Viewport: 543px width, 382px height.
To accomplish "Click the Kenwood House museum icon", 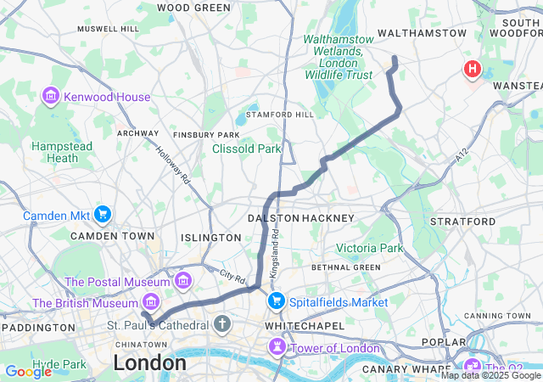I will (x=50, y=97).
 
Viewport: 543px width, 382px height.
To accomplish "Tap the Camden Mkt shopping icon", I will (x=104, y=213).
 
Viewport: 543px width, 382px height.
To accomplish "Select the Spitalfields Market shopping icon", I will (x=277, y=301).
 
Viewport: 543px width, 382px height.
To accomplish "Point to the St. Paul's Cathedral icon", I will (x=222, y=324).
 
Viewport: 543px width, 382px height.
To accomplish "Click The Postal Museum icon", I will (x=182, y=281).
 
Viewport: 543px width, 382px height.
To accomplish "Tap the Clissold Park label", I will (x=246, y=149).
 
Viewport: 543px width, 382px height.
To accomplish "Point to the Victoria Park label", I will (x=370, y=248).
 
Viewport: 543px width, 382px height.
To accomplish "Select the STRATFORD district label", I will (x=463, y=221).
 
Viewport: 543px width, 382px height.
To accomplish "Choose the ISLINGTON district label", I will (x=210, y=238).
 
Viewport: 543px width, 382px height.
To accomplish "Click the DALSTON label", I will (x=273, y=218).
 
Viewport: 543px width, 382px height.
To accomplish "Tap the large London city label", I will (x=149, y=362).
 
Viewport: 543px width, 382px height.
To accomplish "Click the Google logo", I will (x=28, y=372).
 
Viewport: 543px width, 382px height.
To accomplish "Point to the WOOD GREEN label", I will (x=193, y=8).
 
